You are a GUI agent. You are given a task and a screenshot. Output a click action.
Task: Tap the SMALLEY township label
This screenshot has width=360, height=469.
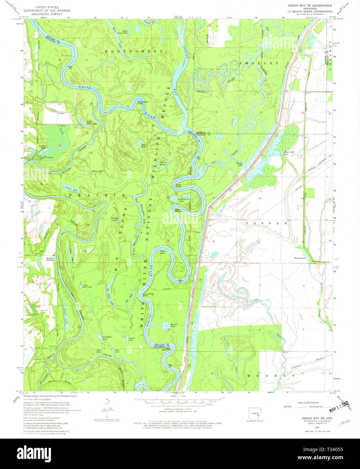tap(259, 63)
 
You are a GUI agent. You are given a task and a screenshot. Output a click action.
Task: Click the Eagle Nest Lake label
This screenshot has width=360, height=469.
tap(289, 153)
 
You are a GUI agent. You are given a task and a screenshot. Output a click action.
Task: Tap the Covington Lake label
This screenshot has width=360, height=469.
tap(107, 337)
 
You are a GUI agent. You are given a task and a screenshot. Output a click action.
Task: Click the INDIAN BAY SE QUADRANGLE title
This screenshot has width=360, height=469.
tap(310, 6)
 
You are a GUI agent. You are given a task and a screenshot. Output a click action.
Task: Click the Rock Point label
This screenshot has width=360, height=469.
tap(162, 252)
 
